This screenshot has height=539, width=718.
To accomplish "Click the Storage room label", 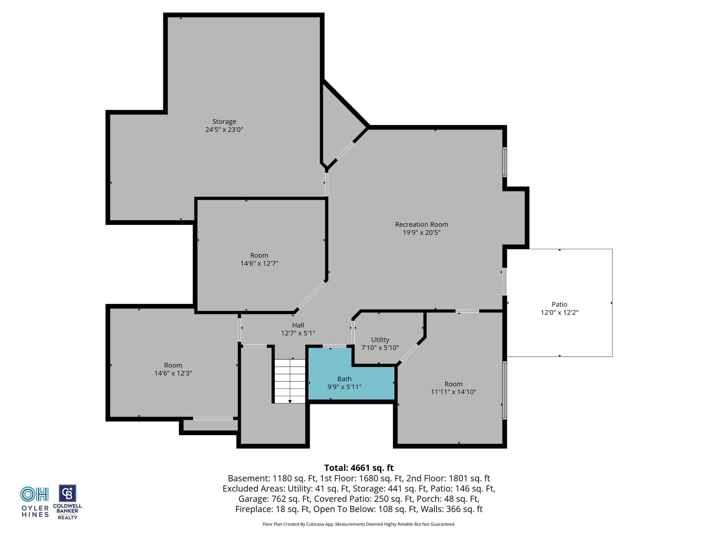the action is [224, 121].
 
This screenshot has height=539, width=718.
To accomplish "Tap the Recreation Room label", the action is [421, 224].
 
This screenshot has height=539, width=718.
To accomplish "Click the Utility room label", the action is [380, 340].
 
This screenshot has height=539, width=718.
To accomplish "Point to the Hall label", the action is [298, 325].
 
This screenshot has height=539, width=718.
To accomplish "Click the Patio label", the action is [559, 304].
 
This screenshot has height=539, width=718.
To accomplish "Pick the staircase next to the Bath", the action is [290, 381].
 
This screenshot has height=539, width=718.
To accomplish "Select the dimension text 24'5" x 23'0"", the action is [224, 129].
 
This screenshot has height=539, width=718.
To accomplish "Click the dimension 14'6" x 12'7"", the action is [259, 263].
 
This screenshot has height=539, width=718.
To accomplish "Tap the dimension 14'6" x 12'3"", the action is [173, 373].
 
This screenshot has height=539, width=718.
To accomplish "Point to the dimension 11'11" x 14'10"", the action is [453, 392].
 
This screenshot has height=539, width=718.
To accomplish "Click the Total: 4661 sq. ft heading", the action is [359, 468].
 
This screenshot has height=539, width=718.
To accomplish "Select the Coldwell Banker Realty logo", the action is [67, 502].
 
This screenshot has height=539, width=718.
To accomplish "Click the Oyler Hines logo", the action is [35, 502].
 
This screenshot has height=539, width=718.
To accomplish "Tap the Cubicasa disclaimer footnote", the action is [359, 524].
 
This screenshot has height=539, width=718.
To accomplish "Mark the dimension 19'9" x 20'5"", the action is [421, 232].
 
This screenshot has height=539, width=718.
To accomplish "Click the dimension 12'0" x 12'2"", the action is [559, 312].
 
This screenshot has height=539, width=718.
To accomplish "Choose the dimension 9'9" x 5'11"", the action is [344, 387].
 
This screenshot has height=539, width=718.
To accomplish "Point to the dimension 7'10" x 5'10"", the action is [380, 348].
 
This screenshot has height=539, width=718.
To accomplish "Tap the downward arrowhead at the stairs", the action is [290, 401].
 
